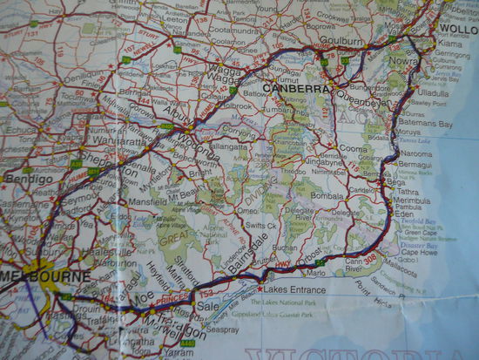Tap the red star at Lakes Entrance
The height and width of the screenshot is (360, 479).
click(x=259, y=289)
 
